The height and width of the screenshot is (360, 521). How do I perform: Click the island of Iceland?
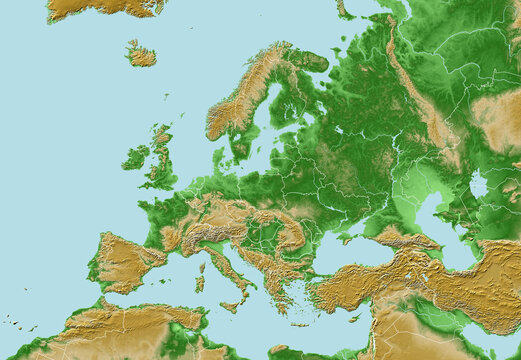(141, 56)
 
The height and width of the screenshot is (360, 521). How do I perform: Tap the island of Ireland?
(135, 158)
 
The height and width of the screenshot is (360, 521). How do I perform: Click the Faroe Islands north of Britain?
(166, 96)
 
